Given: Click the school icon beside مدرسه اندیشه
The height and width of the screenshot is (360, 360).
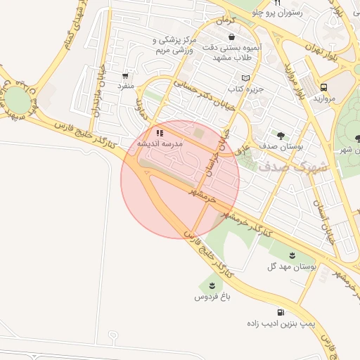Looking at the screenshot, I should point(160,132).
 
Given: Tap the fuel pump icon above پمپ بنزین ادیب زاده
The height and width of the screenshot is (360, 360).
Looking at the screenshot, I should point(281,312).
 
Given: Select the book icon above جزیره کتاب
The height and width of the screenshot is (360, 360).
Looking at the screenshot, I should point(245,78).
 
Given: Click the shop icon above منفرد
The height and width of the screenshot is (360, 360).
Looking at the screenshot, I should point(125,75).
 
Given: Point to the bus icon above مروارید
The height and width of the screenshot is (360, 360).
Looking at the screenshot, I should point(323,87).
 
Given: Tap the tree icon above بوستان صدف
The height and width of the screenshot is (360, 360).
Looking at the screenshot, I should point(281,135).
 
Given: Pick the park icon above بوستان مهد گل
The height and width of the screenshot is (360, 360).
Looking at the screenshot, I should point(292,255).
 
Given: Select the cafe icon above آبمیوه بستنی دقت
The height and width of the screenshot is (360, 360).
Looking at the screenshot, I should point(231,37).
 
